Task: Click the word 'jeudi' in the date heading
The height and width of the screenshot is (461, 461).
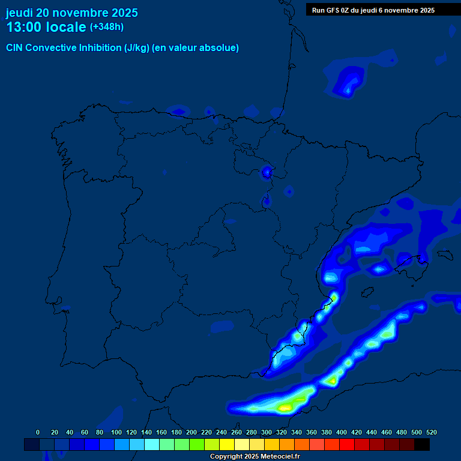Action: click(19, 13)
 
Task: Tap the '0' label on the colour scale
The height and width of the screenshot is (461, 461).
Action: click(38, 432)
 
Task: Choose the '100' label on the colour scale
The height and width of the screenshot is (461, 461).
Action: click(116, 432)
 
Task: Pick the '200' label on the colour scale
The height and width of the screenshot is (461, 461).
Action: click(191, 432)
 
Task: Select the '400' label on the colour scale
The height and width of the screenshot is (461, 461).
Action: click(342, 432)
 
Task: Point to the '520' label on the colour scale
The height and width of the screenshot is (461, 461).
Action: click(431, 432)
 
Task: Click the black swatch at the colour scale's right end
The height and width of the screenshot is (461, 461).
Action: click(422, 445)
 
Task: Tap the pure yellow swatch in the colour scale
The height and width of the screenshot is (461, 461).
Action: click(227, 445)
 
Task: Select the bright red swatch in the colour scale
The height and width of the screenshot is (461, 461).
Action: click(347, 445)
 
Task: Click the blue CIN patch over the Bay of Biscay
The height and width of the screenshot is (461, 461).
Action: click(348, 81)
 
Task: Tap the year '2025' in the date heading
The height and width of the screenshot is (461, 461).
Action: click(121, 13)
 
